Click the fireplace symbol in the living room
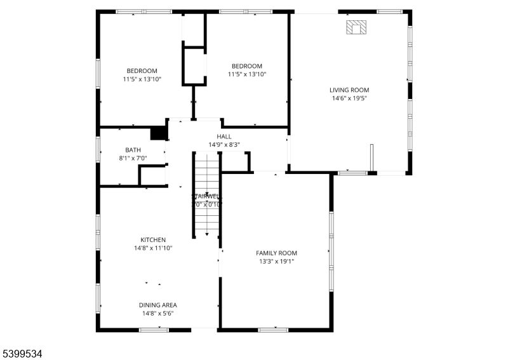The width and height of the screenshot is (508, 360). (356, 27)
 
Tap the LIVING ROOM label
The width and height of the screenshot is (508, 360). (349, 90)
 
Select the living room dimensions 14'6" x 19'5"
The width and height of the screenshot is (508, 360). (349, 98)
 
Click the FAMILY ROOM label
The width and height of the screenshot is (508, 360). (276, 253)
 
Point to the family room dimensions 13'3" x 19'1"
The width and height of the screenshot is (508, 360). (276, 261)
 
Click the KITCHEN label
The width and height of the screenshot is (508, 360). (153, 240)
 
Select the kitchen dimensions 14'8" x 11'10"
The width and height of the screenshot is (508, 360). (153, 248)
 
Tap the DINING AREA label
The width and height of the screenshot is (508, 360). (157, 305)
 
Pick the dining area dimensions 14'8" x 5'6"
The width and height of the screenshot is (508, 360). (157, 313)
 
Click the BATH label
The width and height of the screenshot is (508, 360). (133, 150)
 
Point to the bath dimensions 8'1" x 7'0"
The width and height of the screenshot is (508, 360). (133, 158)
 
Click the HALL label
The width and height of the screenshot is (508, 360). (224, 137)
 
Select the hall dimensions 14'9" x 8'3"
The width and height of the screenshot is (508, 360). (224, 145)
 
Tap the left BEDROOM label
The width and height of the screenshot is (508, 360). (142, 71)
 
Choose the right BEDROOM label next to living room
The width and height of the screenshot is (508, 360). (246, 66)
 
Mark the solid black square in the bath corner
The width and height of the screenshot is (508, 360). (157, 133)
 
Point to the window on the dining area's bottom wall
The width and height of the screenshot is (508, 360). (154, 330)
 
